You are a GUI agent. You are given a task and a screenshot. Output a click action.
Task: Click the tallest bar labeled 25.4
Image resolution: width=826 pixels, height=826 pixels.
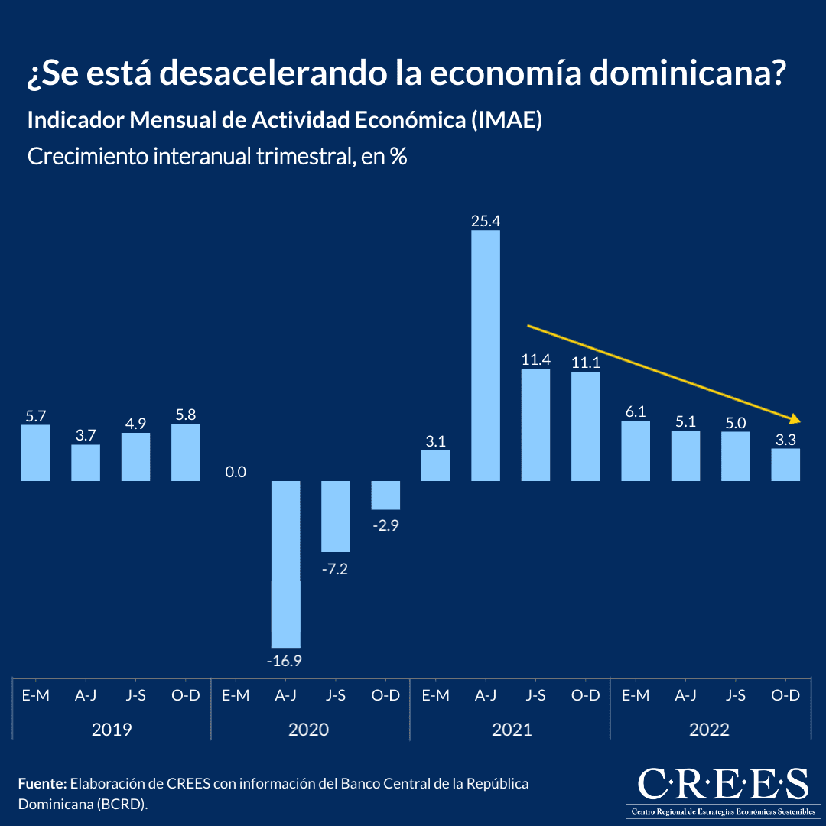[486, 356]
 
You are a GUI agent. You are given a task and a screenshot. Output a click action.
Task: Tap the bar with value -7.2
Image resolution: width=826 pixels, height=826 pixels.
[336, 516]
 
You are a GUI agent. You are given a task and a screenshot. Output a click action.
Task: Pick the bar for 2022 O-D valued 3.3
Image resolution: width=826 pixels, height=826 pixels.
[785, 464]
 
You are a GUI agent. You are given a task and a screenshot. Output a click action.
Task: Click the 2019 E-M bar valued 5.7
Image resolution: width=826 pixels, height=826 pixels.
[36, 453]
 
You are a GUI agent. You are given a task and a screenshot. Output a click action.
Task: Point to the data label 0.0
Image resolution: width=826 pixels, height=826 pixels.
[236, 472]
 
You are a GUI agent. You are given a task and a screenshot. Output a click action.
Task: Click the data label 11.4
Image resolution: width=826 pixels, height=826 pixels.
[535, 359]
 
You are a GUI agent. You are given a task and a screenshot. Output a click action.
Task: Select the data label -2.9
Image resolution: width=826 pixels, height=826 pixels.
[385, 525]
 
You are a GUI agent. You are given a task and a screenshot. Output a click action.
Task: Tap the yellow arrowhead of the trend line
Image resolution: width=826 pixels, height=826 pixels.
[795, 419]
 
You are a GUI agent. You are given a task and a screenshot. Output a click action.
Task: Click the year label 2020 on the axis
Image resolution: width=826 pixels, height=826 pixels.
[308, 730]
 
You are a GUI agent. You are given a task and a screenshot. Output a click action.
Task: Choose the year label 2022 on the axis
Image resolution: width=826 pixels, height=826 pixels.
[709, 730]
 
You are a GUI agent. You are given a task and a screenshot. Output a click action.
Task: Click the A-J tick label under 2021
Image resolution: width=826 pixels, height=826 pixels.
[486, 695]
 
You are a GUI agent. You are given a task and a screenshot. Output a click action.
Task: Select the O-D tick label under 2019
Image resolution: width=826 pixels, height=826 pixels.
[185, 695]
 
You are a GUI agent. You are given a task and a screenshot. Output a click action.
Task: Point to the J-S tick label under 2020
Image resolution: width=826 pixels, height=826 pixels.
[336, 695]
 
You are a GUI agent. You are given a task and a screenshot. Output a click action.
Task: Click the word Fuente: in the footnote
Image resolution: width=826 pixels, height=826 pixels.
[42, 784]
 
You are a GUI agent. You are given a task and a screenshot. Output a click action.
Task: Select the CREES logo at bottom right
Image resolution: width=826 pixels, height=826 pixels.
[723, 790]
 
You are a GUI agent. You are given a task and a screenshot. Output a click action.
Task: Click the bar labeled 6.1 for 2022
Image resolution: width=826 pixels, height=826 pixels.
[636, 451]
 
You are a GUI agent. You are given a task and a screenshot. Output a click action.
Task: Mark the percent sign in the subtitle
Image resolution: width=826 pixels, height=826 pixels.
[398, 157]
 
